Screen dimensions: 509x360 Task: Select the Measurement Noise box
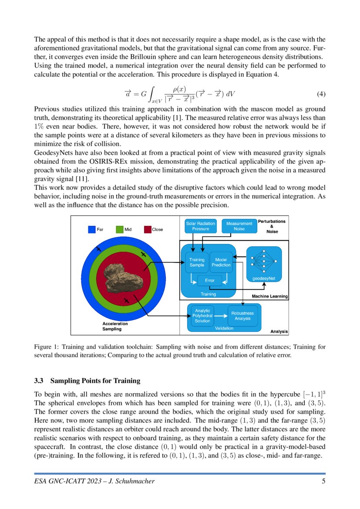click(239, 226)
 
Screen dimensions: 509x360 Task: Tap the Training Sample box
click(197, 263)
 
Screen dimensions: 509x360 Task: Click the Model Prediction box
click(221, 263)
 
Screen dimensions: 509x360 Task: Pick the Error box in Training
click(210, 281)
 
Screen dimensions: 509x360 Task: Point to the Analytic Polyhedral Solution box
click(202, 316)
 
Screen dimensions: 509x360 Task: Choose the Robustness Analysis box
click(242, 316)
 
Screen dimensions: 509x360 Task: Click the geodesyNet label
click(264, 278)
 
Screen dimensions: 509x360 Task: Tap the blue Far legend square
click(91, 229)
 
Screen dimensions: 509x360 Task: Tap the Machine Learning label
click(270, 297)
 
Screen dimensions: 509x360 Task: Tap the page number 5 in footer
click(323, 481)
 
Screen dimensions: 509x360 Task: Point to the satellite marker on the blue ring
click(99, 248)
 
